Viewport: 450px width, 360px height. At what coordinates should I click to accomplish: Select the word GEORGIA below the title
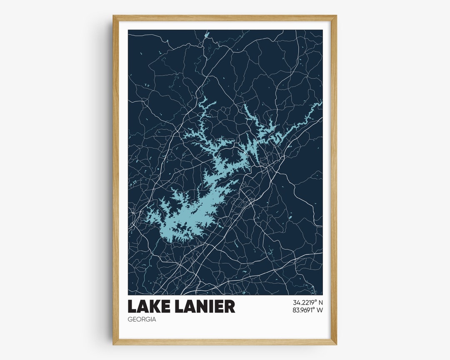click(142, 320)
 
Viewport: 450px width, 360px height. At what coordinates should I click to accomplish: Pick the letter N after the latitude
click(320, 302)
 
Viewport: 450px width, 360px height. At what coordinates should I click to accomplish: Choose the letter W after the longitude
click(320, 310)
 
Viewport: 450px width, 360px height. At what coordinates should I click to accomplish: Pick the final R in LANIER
click(230, 307)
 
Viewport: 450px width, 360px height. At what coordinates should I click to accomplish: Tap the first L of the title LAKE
click(132, 307)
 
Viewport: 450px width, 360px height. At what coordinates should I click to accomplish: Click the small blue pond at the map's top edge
click(207, 34)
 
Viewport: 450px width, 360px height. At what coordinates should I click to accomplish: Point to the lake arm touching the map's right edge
click(319, 104)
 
